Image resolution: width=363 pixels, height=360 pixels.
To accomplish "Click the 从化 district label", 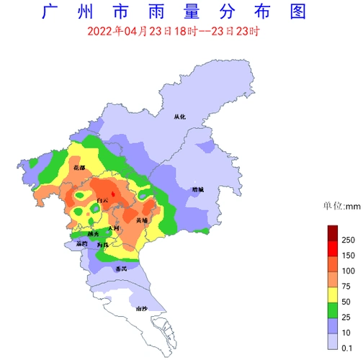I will (179, 115).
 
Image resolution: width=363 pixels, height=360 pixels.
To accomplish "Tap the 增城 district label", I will (197, 189).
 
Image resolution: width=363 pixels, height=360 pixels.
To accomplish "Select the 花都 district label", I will (79, 168).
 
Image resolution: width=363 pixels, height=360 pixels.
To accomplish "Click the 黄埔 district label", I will (142, 220).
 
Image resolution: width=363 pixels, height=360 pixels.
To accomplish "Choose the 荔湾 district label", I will (81, 244).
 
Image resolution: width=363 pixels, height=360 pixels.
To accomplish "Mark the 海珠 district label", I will (103, 246).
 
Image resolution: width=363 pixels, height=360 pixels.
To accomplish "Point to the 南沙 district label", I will (141, 309).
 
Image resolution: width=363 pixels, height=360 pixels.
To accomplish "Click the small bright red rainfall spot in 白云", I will (112, 194).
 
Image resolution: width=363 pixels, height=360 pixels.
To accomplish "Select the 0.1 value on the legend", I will (347, 347).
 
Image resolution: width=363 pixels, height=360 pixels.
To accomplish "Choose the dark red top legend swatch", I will (332, 232).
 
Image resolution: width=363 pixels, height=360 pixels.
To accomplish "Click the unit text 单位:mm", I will (341, 206).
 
